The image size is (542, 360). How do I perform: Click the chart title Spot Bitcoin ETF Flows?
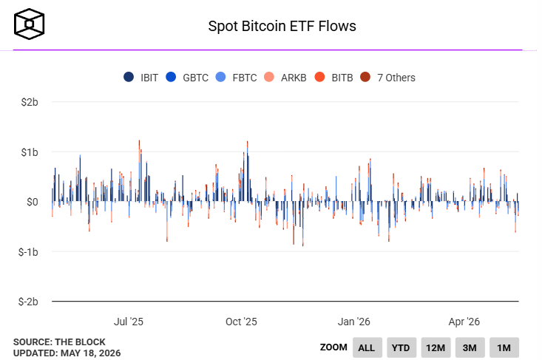[x=282, y=27]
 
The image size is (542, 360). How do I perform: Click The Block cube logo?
[x=29, y=24]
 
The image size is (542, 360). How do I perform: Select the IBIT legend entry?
[x=140, y=78]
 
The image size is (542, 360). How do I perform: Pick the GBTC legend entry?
[x=187, y=78]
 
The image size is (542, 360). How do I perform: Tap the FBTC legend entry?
[x=236, y=78]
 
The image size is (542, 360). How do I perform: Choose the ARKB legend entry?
[x=285, y=78]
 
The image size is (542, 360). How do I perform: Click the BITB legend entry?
[x=334, y=78]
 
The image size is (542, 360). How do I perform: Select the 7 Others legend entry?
[x=387, y=78]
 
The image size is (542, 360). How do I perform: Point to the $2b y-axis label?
[x=30, y=102]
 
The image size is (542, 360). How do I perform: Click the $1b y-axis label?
[x=30, y=152]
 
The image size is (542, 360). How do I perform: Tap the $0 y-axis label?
[x=32, y=202]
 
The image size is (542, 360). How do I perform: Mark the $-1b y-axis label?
[x=28, y=252]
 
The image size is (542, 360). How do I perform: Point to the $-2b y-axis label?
[x=28, y=302]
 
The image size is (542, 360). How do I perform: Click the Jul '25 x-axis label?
[x=129, y=322]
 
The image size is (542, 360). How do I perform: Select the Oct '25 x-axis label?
[x=241, y=322]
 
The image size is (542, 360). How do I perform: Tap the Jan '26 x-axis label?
[x=354, y=322]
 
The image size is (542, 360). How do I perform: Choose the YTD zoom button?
[x=402, y=347]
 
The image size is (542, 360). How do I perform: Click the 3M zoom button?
[x=470, y=347]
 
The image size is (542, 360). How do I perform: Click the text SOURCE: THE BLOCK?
[x=59, y=342]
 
